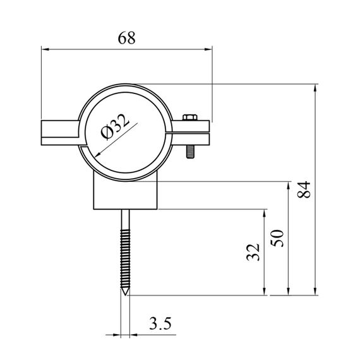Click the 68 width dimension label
click(x=126, y=38)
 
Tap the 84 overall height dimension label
click(x=304, y=189)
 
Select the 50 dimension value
click(x=277, y=238)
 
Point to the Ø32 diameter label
click(x=115, y=126)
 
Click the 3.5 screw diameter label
click(x=160, y=323)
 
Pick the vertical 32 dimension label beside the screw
click(x=253, y=252)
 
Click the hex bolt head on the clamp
click(x=190, y=117)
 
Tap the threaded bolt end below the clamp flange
click(x=190, y=152)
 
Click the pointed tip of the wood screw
click(x=125, y=294)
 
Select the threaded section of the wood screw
click(x=125, y=259)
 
